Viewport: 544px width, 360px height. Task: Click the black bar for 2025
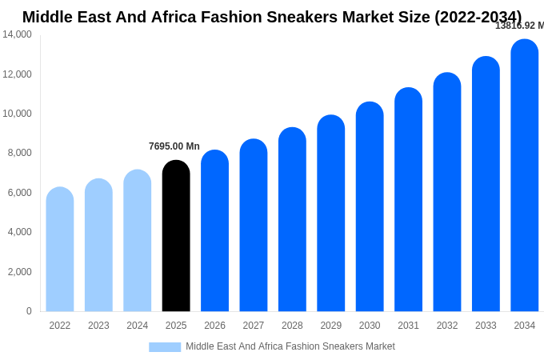tap(176, 236)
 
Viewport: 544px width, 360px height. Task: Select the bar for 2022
tap(60, 250)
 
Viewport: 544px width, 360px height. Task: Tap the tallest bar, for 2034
tap(525, 175)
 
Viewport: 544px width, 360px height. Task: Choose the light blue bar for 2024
tap(138, 241)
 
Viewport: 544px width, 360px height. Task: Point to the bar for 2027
tap(254, 226)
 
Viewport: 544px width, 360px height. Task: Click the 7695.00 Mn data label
tap(174, 146)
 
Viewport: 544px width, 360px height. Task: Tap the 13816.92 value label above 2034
tap(518, 26)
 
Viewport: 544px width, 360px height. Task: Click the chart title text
tap(272, 17)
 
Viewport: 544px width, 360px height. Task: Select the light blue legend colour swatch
tap(165, 346)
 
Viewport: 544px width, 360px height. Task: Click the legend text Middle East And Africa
tap(290, 346)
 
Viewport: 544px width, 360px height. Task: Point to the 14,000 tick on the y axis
tap(17, 34)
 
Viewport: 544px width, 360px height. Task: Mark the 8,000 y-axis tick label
tap(20, 153)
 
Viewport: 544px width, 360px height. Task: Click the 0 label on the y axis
tap(29, 311)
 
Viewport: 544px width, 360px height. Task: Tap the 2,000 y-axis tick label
tap(20, 272)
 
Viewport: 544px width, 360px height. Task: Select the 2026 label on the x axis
tap(214, 326)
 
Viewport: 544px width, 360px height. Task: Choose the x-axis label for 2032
tap(447, 326)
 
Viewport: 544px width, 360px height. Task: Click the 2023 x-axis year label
tap(98, 326)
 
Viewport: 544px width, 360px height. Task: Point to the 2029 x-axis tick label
tap(331, 326)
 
